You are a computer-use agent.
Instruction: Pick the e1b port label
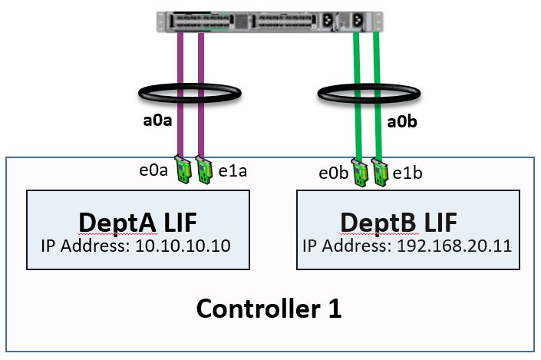pyautogui.click(x=408, y=173)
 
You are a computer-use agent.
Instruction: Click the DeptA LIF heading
pyautogui.click(x=137, y=223)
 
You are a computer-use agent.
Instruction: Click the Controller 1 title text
pyautogui.click(x=269, y=309)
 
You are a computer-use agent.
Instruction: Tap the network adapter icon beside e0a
pyautogui.click(x=183, y=170)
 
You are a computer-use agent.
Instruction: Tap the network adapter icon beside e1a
pyautogui.click(x=205, y=170)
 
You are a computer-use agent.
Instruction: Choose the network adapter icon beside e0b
pyautogui.click(x=358, y=171)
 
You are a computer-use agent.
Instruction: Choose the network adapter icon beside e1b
pyautogui.click(x=379, y=171)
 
